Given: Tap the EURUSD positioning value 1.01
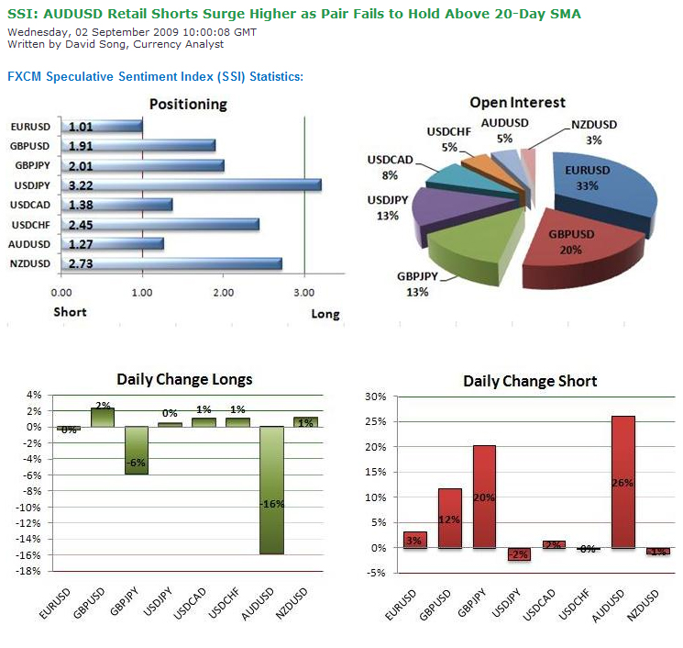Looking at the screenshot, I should click(x=81, y=127).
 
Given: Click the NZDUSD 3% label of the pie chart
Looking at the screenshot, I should click(x=593, y=131).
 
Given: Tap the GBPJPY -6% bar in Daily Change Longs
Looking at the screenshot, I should click(x=136, y=450).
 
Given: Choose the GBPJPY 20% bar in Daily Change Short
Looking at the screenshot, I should click(x=484, y=497).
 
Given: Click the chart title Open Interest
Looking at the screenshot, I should click(x=517, y=103).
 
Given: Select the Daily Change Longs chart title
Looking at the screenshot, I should click(x=184, y=379).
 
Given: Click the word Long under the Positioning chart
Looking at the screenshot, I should click(x=325, y=314).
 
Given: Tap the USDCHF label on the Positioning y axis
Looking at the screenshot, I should click(x=32, y=225).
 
